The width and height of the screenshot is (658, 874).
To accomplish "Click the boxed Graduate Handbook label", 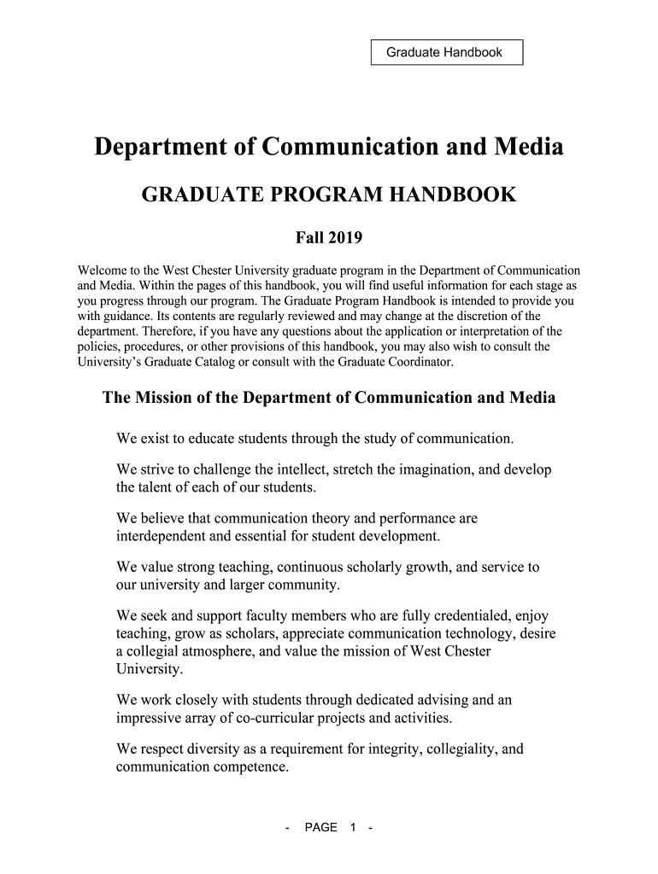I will click(444, 53).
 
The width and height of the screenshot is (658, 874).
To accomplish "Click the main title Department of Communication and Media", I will click(329, 148).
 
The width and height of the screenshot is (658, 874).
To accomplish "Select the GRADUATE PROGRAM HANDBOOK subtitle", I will click(329, 195).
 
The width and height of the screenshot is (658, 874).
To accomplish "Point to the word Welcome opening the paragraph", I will click(103, 270).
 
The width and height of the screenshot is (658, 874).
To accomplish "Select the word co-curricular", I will click(308, 718).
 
